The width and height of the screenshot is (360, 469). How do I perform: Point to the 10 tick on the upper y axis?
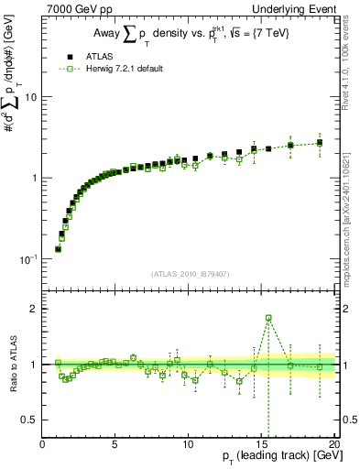click(33, 96)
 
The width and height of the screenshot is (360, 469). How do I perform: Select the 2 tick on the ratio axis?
click(34, 309)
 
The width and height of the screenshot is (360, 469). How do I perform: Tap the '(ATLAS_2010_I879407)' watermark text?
click(189, 273)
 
